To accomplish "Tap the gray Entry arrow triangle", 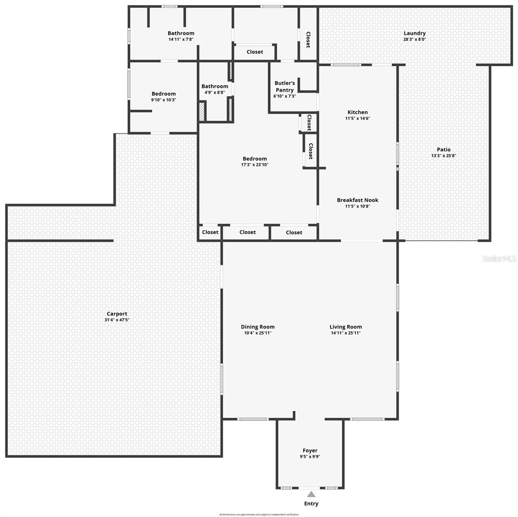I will click(311, 494).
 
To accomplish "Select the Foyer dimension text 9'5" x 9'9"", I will click(310, 457).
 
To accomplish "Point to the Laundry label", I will click(415, 33).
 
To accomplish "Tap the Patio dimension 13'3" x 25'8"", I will click(443, 156).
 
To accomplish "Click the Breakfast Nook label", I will click(358, 200).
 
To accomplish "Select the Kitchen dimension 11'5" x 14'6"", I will click(358, 118).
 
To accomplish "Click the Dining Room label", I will click(258, 327).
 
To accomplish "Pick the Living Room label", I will click(346, 327).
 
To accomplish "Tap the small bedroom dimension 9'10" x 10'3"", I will click(163, 100).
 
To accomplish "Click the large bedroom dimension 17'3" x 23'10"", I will click(255, 165).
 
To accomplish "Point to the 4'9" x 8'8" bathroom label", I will click(215, 86).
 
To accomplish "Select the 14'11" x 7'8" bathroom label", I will click(181, 33).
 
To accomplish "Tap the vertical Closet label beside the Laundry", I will click(309, 40).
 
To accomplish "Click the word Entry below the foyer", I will click(311, 504).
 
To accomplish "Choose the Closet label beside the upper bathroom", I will click(255, 52).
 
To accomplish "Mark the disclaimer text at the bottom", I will click(259, 514).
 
